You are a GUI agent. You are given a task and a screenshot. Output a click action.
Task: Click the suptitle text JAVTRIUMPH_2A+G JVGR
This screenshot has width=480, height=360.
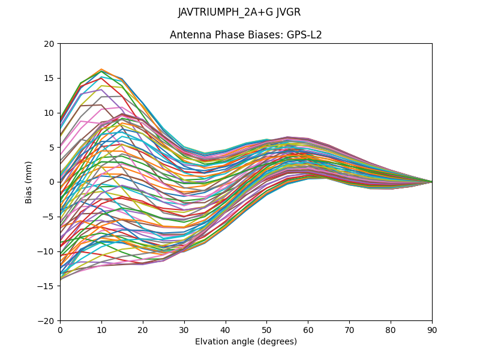coord(239,13)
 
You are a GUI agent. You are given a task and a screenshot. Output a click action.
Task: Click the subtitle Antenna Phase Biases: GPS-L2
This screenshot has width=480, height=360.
coord(246,35)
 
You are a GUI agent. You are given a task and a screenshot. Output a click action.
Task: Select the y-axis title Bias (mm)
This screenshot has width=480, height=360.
coord(29,182)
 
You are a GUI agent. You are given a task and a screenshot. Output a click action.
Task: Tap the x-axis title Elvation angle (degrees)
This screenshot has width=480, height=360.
coord(246,342)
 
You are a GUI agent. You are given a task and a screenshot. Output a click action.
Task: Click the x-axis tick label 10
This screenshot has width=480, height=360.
coord(101,329)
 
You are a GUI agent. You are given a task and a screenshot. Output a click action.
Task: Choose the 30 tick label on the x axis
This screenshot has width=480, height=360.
coord(184,329)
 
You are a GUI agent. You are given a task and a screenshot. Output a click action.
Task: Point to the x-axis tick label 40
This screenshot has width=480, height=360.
coord(226,329)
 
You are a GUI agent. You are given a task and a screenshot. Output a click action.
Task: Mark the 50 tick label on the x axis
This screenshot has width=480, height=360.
coord(266,329)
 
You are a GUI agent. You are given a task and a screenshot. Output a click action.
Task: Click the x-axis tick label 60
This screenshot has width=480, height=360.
coord(308,329)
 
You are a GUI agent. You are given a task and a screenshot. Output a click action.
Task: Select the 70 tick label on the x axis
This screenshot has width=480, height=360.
coord(349,329)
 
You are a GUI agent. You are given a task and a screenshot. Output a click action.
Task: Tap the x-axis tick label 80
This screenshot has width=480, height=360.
coord(391,329)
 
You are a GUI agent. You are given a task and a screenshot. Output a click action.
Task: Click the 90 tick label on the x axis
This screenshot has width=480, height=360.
coord(432,329)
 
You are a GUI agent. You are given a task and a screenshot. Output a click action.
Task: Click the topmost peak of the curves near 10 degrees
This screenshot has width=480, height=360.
coord(101,70)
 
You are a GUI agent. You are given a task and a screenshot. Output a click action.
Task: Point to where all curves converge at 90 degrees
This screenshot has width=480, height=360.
coord(431,182)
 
